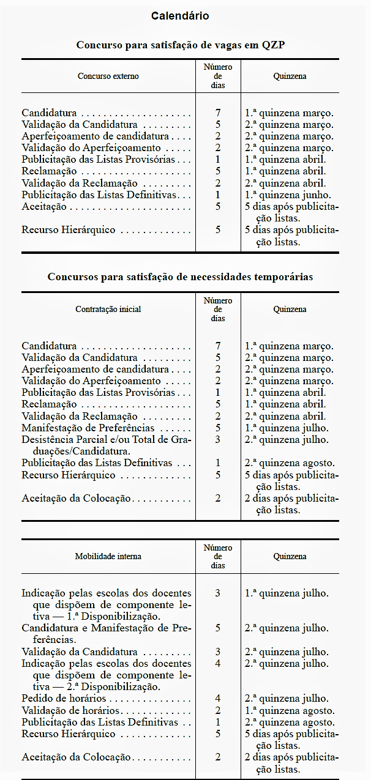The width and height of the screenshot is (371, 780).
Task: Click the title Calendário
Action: (180, 16)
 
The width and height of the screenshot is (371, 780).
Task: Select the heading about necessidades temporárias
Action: (180, 277)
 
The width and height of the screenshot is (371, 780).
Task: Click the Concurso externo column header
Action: (108, 76)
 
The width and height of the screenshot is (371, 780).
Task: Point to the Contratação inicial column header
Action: (108, 309)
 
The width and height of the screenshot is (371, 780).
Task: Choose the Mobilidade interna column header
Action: (108, 556)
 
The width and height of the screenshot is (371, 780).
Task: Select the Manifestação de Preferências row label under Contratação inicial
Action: (88, 428)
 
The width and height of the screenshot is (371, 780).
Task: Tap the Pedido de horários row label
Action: (64, 699)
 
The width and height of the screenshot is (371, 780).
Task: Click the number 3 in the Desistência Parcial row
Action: (218, 439)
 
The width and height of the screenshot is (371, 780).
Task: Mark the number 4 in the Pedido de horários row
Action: (218, 699)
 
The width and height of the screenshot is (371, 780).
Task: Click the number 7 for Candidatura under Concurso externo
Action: (218, 113)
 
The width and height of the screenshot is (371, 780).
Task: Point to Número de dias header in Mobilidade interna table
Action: (218, 556)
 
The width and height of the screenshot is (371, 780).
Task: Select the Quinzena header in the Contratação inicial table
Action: (290, 309)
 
